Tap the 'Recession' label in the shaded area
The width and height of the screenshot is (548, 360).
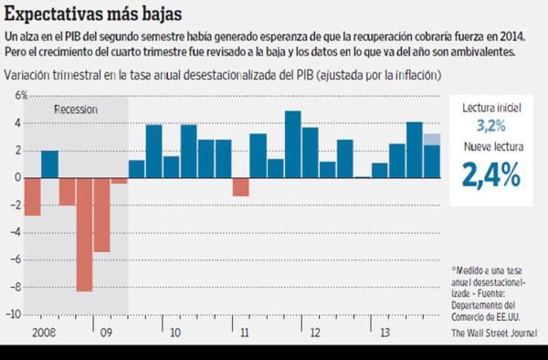(76, 110)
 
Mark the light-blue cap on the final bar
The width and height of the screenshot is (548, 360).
(431, 139)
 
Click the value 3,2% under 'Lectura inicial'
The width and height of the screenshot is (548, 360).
(490, 124)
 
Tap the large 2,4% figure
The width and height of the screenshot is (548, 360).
(490, 173)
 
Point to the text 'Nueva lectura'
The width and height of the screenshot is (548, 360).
(490, 143)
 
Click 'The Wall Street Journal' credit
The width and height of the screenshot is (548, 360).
(494, 333)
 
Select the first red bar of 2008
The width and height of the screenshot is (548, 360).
(32, 196)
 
